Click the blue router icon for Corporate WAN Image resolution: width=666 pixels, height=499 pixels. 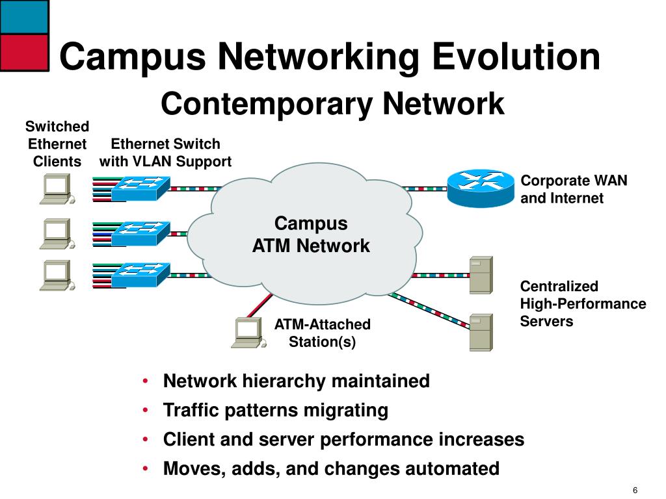pyautogui.click(x=481, y=188)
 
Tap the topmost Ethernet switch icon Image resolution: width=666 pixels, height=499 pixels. pyautogui.click(x=140, y=188)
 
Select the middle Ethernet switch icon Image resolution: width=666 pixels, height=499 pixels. pyautogui.click(x=140, y=233)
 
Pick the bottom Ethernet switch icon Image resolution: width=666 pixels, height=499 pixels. pyautogui.click(x=140, y=275)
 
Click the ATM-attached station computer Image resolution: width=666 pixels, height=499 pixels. pyautogui.click(x=248, y=333)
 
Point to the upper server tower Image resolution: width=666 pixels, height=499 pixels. pyautogui.click(x=481, y=275)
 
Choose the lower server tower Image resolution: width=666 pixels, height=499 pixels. pyautogui.click(x=481, y=333)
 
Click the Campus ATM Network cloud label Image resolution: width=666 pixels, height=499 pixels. pyautogui.click(x=311, y=235)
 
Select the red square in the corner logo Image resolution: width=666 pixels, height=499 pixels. pyautogui.click(x=24, y=52)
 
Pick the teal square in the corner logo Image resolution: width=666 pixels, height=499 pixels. pyautogui.click(x=24, y=16)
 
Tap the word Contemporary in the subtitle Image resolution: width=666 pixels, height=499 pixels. pyautogui.click(x=267, y=104)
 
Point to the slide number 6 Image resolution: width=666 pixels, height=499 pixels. pyautogui.click(x=635, y=490)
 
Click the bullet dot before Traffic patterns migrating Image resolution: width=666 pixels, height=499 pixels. pyautogui.click(x=145, y=411)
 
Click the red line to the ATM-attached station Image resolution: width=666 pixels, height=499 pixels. pyautogui.click(x=260, y=305)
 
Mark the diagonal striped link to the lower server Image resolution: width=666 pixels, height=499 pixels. pyautogui.click(x=429, y=311)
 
